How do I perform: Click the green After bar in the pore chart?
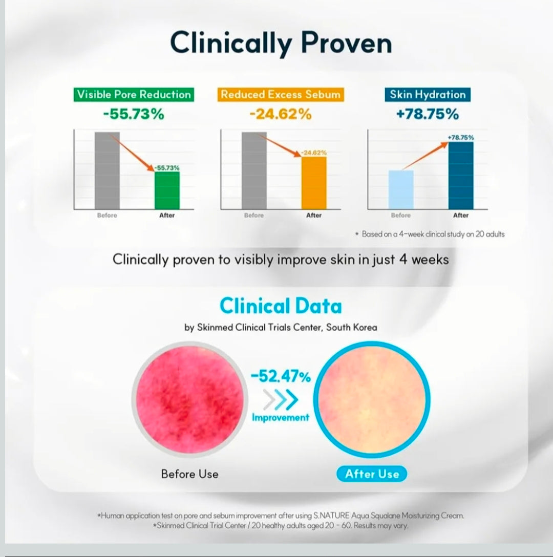coord(167,190)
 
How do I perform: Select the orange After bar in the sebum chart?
coord(314,183)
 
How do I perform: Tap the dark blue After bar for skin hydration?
coord(461,176)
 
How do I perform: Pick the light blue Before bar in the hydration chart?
coord(401,190)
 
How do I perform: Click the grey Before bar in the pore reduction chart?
coord(107,170)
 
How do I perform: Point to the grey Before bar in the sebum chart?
coord(254,170)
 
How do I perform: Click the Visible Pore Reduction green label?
coord(134,95)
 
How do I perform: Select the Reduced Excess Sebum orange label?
coord(281,95)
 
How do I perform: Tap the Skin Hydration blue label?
coord(428,95)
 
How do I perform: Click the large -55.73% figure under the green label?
coord(134,114)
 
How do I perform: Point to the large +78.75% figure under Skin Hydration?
coord(428,114)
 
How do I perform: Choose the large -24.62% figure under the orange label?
coord(281,114)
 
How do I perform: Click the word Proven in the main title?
coord(347,43)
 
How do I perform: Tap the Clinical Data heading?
coord(281,306)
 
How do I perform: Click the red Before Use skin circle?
coord(189,400)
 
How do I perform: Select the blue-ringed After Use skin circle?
coord(372,400)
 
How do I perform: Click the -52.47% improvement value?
coord(281,377)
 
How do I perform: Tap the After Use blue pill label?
coord(372,474)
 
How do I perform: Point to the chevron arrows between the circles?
coord(281,400)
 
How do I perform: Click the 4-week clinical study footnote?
coord(430,234)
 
